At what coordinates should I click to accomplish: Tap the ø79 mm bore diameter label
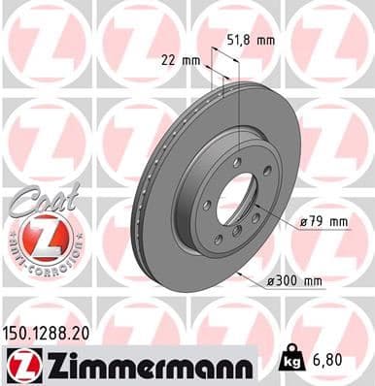pyautogui.click(x=324, y=222)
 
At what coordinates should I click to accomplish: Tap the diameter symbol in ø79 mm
pyautogui.click(x=304, y=222)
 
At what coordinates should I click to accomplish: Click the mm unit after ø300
pyautogui.click(x=311, y=281)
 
